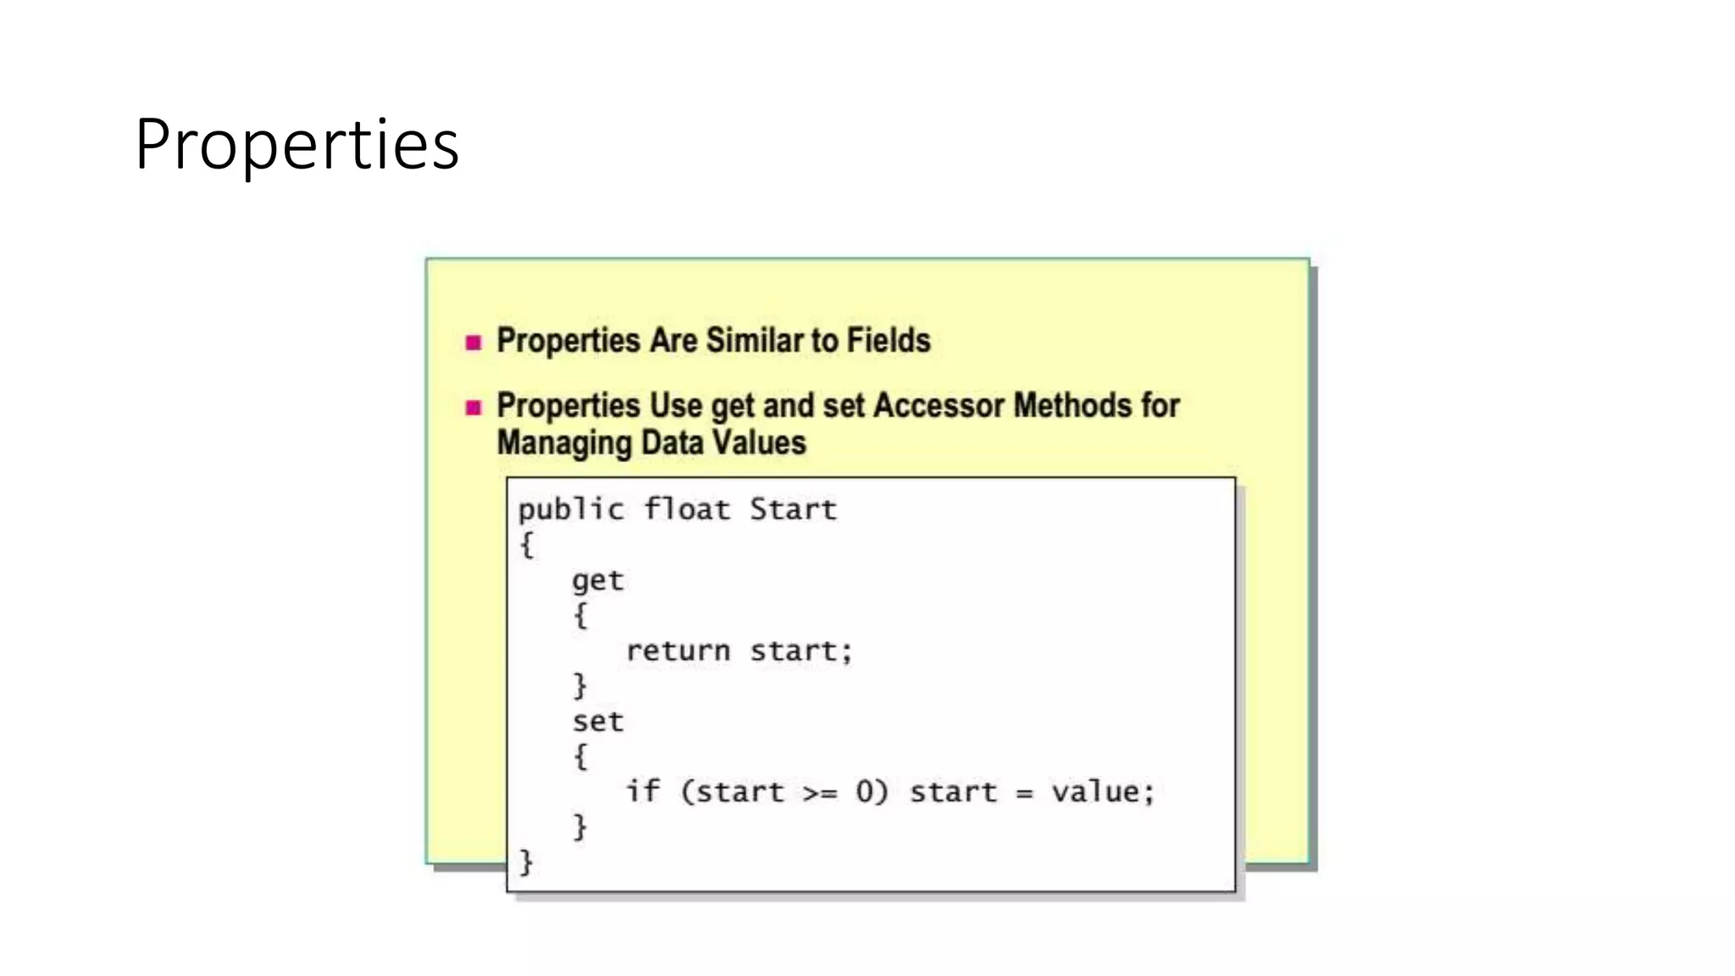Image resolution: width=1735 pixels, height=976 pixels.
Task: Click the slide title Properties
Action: point(297,145)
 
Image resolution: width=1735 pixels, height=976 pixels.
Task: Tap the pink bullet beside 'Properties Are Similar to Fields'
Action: point(474,342)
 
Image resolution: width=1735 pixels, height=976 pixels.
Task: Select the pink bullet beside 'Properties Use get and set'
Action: point(474,408)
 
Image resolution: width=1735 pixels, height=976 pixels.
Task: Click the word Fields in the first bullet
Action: point(889,341)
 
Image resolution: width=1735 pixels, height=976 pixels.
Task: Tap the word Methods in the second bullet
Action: point(1073,406)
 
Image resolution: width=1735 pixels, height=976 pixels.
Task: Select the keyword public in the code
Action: point(571,510)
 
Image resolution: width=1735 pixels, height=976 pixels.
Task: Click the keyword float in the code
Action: point(687,510)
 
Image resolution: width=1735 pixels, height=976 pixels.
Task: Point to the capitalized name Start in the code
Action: point(793,510)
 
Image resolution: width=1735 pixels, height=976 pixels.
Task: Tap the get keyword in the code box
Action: point(597,581)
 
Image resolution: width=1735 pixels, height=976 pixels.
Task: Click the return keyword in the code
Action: point(678,651)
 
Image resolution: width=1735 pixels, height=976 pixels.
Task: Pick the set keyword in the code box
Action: point(597,722)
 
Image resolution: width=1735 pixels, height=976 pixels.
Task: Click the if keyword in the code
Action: point(643,791)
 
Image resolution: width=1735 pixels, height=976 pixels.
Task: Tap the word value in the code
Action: point(1096,791)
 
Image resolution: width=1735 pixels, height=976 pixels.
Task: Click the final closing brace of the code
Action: point(526,862)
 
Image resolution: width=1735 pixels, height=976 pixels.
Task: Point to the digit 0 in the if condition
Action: point(865,791)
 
